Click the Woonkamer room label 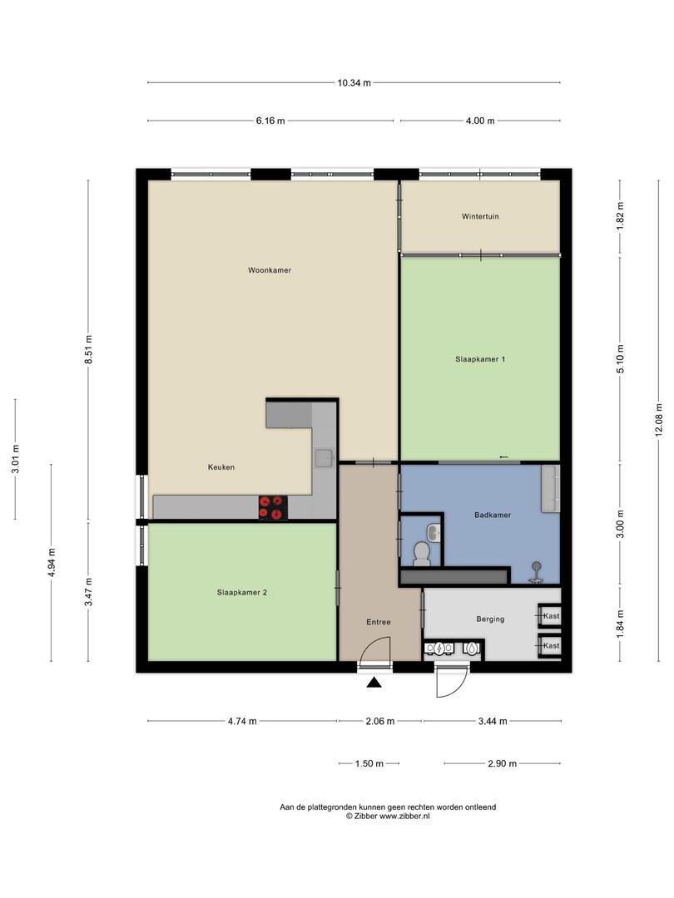tap(269, 270)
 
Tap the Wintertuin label tap(480, 217)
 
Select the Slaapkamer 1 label tap(480, 359)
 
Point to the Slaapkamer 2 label tap(241, 593)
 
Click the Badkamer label tap(493, 515)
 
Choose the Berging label tap(490, 619)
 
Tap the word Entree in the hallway tap(379, 622)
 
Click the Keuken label tap(221, 467)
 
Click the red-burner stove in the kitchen tap(272, 507)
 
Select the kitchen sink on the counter tap(323, 456)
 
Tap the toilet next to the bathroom tap(421, 550)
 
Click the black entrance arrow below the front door tap(374, 683)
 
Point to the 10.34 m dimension tap(354, 82)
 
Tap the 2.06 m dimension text tap(379, 722)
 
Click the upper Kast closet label tap(551, 616)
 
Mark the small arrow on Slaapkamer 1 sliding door tap(503, 456)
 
